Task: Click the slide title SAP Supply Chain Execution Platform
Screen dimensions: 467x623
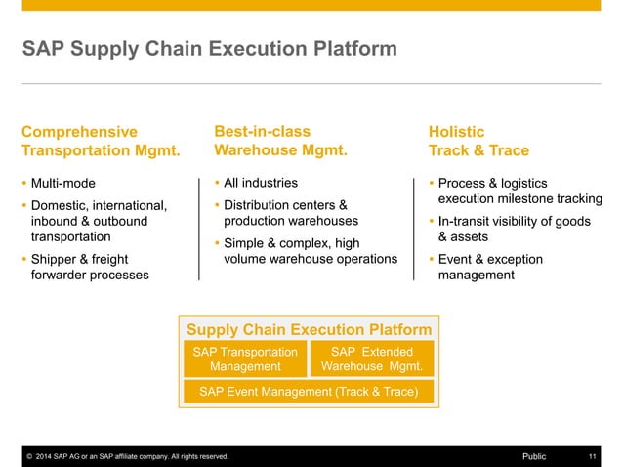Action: coord(210,48)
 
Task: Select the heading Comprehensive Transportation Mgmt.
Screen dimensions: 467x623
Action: coord(101,141)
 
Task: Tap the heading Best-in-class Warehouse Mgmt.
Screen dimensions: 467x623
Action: coord(280,141)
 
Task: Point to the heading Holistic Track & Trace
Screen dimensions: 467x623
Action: coord(478,141)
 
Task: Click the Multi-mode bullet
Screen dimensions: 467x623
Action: coord(63,183)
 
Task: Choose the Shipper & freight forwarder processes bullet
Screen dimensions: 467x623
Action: coord(90,267)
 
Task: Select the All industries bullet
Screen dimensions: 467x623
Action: coord(261,183)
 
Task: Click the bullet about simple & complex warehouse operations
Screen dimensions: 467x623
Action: coord(311,250)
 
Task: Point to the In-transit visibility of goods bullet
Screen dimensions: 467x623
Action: coord(514,229)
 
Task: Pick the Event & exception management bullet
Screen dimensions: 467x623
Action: coord(490,267)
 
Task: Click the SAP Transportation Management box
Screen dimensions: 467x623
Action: coord(245,359)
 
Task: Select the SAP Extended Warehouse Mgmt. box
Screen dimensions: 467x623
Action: coord(372,359)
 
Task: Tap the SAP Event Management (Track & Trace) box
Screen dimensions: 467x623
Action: coord(309,392)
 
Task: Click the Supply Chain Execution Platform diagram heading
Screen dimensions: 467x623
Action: coord(309,329)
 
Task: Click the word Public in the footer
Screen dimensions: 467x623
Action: coord(534,456)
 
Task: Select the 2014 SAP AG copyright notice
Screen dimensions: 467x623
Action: coord(127,456)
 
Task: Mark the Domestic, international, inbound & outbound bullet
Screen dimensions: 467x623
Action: coord(98,221)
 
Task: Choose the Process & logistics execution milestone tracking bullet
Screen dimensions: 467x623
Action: coord(519,191)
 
